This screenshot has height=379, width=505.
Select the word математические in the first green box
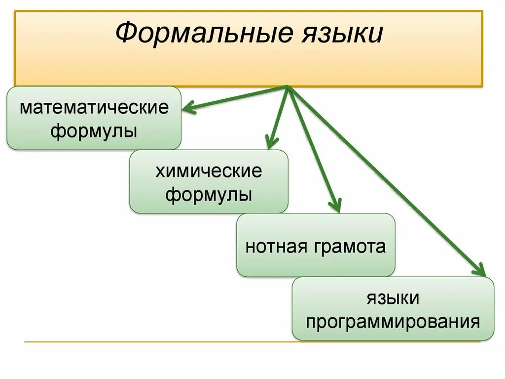94,107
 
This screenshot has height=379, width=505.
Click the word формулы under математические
94,131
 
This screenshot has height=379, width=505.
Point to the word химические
209,171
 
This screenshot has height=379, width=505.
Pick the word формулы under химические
209,195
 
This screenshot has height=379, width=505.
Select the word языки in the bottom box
393,298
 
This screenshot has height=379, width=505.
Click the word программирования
393,322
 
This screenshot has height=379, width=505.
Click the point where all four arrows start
288,87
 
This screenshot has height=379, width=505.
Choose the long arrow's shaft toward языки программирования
385,180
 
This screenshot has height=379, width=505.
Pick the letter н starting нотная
250,246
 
